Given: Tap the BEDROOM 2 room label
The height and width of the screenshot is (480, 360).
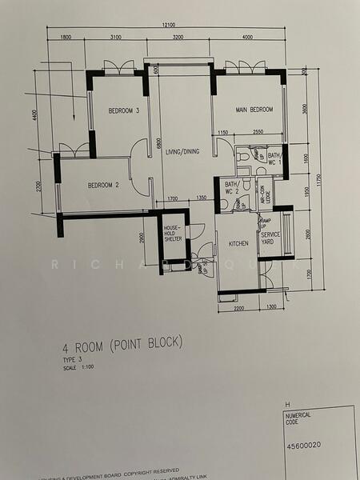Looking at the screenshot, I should (102, 186).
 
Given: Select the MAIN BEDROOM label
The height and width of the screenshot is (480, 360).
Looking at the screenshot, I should (254, 110).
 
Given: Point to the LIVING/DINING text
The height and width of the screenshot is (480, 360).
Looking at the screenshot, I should (183, 151).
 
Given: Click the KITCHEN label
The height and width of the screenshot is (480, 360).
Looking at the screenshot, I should (238, 243).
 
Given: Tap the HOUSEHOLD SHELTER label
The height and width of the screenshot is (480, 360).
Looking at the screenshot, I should (173, 232).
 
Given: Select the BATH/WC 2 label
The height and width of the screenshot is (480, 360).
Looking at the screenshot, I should (232, 188).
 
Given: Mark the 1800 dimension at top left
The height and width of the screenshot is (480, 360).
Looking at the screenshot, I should (66, 38).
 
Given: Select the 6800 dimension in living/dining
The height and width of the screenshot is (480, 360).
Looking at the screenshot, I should (159, 144).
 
